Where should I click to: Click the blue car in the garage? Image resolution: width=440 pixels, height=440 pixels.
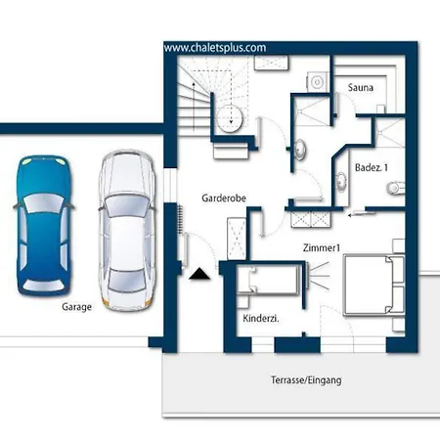pos(43,226)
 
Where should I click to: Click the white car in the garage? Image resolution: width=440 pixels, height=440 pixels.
pos(126,230)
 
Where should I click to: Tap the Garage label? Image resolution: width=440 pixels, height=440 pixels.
pos(76,307)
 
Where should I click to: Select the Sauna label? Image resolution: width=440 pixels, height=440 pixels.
pos(361,87)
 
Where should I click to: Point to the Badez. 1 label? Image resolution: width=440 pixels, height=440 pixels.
pos(372,167)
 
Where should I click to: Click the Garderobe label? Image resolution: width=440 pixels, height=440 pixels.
pos(224,198)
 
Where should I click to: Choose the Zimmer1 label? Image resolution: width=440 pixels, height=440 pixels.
pos(322,247)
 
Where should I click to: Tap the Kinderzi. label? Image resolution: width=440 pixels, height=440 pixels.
pos(261,318)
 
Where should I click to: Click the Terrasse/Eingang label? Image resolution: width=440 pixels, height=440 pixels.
pos(306,380)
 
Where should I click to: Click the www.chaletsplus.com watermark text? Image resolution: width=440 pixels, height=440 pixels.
pos(215,48)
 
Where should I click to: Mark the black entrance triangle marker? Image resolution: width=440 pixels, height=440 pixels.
pos(199,274)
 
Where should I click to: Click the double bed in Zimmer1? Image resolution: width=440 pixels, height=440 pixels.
pos(374,286)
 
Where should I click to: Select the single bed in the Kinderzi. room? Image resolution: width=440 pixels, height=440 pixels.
pos(268,280)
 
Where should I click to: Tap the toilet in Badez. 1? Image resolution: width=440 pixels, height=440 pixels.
pos(396,188)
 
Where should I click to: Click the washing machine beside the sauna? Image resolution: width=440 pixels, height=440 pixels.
pos(317,82)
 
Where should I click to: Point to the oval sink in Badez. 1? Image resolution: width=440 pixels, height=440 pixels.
pos(341,182)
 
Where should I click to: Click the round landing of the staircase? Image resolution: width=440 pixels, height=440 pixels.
pos(230,118)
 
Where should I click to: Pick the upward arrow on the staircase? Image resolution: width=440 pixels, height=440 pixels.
pos(194,106)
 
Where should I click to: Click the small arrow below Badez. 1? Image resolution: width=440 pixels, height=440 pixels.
pos(361,214)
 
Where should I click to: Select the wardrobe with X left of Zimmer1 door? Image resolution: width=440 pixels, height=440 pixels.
pos(237,239)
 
